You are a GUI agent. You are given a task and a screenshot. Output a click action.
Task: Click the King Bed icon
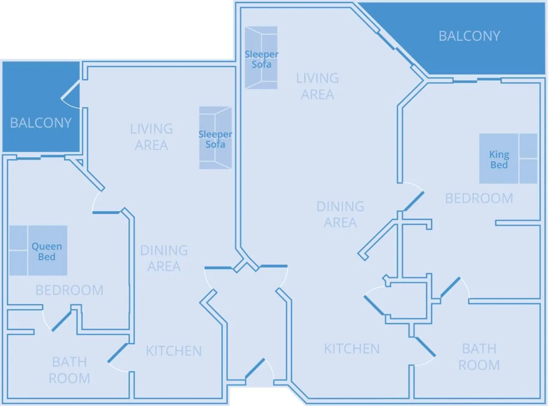[508, 159]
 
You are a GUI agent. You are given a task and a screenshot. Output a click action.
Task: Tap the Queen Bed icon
[38, 251]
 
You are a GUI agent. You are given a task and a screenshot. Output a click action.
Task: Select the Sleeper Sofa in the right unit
[261, 57]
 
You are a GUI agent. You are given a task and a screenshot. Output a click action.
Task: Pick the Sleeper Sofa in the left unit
[215, 138]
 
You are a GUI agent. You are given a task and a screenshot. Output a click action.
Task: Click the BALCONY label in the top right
[469, 36]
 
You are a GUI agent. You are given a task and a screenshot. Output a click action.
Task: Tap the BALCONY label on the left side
[41, 123]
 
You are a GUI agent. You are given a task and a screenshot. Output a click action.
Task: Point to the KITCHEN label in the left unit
[174, 351]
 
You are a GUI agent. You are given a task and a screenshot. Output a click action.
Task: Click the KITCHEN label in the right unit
[352, 349]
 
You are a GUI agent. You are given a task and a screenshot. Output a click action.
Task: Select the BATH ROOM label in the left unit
[69, 370]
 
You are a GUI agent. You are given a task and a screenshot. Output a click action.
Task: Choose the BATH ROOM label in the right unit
[479, 357]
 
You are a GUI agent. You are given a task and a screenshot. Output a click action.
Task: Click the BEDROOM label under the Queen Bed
[69, 290]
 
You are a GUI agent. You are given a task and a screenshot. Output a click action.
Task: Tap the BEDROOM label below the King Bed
[479, 198]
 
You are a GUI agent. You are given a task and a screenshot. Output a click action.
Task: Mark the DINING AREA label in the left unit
[164, 258]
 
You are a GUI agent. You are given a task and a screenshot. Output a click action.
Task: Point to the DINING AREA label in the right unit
[340, 214]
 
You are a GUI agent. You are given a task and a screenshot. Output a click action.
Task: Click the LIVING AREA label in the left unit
[151, 137]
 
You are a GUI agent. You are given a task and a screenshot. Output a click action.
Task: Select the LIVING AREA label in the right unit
[317, 86]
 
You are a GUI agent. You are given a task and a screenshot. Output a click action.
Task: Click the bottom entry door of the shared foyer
[256, 368]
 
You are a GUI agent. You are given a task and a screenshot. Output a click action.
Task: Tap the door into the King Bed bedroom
[413, 201]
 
